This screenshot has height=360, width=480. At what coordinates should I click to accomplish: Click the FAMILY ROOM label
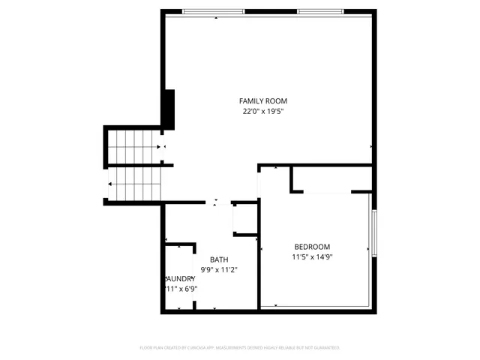click(x=262, y=101)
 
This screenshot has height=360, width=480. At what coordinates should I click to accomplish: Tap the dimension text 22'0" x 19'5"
click(x=262, y=112)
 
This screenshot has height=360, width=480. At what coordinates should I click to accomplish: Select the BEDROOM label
click(x=311, y=247)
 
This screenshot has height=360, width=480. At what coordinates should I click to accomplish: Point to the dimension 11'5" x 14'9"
click(x=311, y=256)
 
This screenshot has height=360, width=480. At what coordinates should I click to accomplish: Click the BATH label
click(x=219, y=260)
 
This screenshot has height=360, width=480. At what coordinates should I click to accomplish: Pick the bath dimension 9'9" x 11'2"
click(x=219, y=270)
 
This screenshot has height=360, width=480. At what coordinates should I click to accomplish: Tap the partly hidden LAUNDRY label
click(x=180, y=278)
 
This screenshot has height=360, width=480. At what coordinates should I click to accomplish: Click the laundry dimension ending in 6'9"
click(x=180, y=288)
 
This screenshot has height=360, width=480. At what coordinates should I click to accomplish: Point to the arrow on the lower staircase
click(x=111, y=184)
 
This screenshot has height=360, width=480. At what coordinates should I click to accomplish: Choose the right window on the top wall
click(x=321, y=12)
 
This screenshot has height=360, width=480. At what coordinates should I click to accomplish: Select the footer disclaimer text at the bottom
click(x=240, y=348)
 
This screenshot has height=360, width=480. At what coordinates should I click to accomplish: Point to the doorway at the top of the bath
click(x=217, y=202)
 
